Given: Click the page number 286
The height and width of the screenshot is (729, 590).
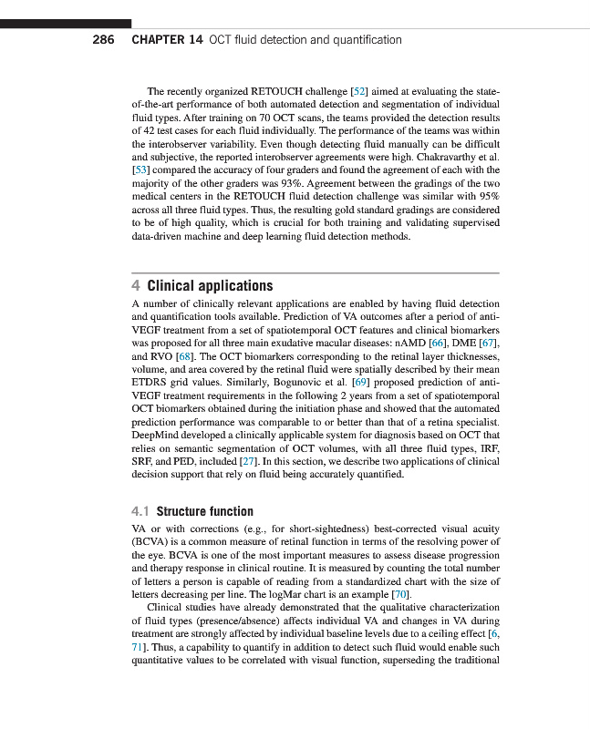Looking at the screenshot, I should click(103, 40).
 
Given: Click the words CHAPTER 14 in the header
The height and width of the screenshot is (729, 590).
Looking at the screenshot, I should click(167, 40).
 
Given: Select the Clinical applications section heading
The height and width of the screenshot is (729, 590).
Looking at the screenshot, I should click(210, 286).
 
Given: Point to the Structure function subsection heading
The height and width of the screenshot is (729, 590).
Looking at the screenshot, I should click(204, 511).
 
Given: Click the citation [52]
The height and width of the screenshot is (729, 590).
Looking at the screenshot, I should click(358, 92).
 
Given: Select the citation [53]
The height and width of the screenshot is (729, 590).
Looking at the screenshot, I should click(141, 170).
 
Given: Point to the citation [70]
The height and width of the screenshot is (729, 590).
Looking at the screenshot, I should click(392, 594).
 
